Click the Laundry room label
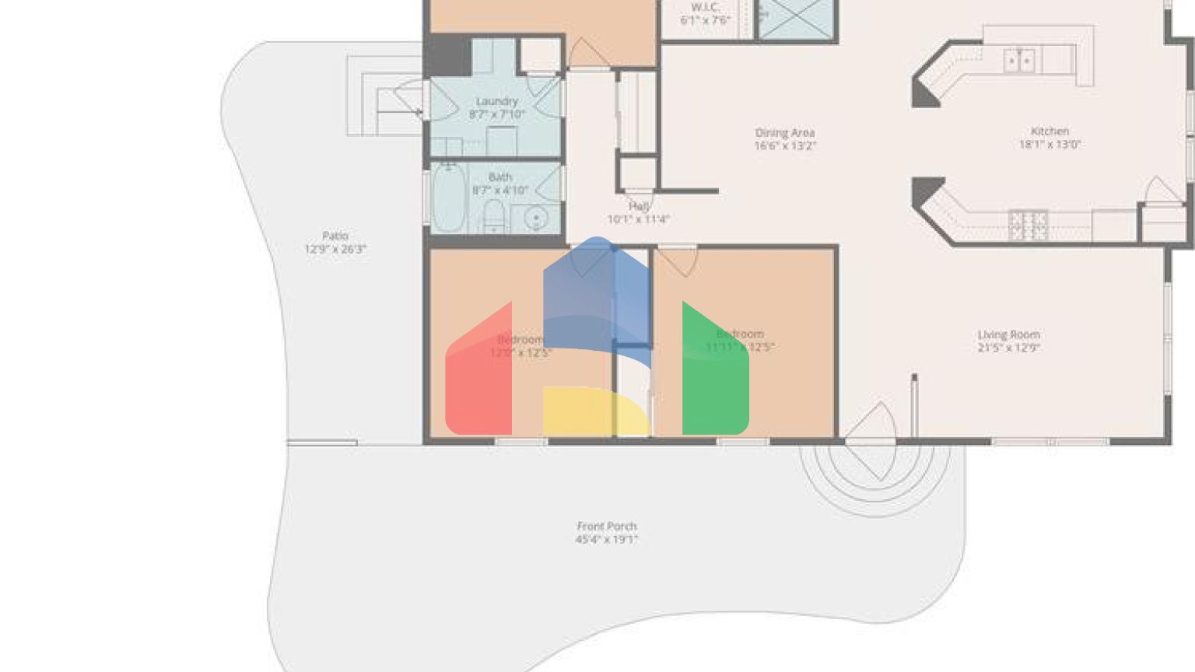tap(497, 101)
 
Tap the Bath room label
tap(500, 177)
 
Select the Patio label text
tap(335, 236)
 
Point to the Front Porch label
tap(607, 527)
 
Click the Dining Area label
tap(785, 133)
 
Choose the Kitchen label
tap(1050, 131)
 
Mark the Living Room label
tap(1009, 334)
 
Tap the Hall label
tap(640, 206)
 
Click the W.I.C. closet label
tap(705, 7)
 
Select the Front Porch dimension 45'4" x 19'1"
tap(607, 540)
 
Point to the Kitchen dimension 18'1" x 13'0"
tap(1050, 145)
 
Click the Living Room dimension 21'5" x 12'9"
tap(1009, 348)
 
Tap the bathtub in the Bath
tap(447, 198)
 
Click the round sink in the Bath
tap(536, 219)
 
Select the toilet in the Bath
tap(494, 215)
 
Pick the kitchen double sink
tap(1018, 60)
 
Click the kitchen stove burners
tap(1028, 226)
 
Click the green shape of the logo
tap(714, 373)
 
